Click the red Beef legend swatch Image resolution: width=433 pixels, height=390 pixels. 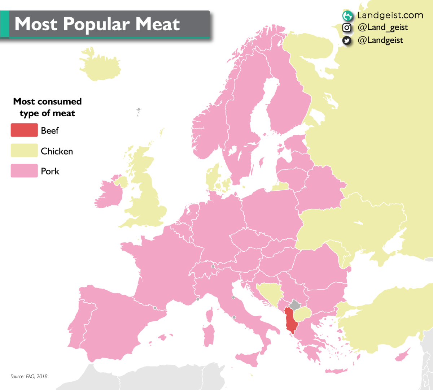click(x=24, y=130)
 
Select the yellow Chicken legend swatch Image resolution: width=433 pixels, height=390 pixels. click(x=24, y=150)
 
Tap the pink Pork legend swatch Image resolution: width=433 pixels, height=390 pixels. click(x=24, y=170)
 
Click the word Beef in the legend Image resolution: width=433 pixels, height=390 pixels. click(x=50, y=130)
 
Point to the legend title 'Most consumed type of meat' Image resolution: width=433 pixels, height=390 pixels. click(x=47, y=107)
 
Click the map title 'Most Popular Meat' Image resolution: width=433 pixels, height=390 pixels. click(x=97, y=24)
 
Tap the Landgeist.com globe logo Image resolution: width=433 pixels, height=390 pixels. click(x=347, y=16)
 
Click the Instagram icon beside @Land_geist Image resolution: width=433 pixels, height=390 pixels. click(x=347, y=27)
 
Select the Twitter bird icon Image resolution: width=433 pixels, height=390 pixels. click(x=347, y=40)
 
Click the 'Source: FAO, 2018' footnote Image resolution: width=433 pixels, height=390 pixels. click(x=29, y=376)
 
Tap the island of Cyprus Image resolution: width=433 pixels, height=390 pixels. click(x=402, y=356)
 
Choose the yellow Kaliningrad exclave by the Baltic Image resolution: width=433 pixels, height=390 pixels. click(x=281, y=186)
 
